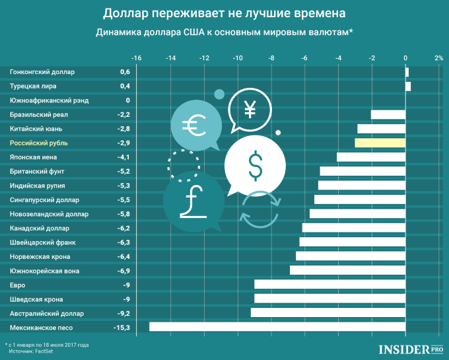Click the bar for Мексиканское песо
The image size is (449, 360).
click(x=277, y=326)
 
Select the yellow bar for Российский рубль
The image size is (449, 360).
click(x=380, y=143)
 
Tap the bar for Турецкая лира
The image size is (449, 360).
click(x=408, y=86)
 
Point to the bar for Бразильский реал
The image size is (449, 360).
click(x=388, y=114)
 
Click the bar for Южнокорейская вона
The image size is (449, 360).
click(x=347, y=270)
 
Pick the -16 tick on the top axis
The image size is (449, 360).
click(x=137, y=58)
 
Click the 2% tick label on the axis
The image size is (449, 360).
click(x=438, y=58)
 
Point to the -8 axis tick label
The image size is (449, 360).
click(x=271, y=58)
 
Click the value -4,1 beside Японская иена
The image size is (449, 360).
click(x=123, y=157)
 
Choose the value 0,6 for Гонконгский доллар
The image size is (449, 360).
click(x=124, y=71)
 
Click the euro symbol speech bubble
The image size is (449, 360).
click(x=193, y=124)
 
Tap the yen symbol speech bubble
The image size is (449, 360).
click(x=250, y=109)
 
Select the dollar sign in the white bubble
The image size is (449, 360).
click(x=255, y=165)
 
